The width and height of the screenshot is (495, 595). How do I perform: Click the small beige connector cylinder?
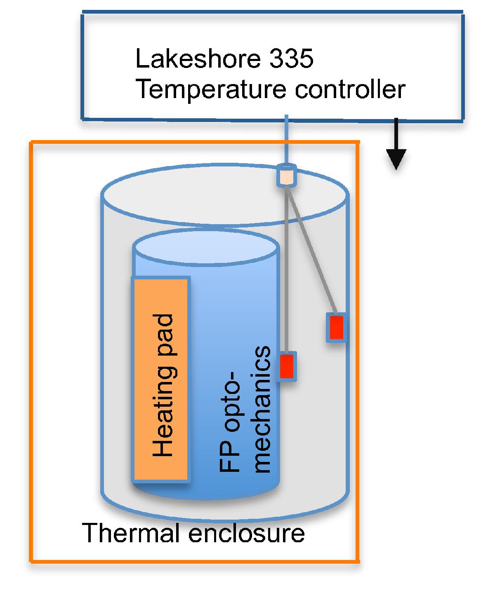coord(286,175)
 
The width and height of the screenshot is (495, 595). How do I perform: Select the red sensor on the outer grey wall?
coord(336,327)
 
